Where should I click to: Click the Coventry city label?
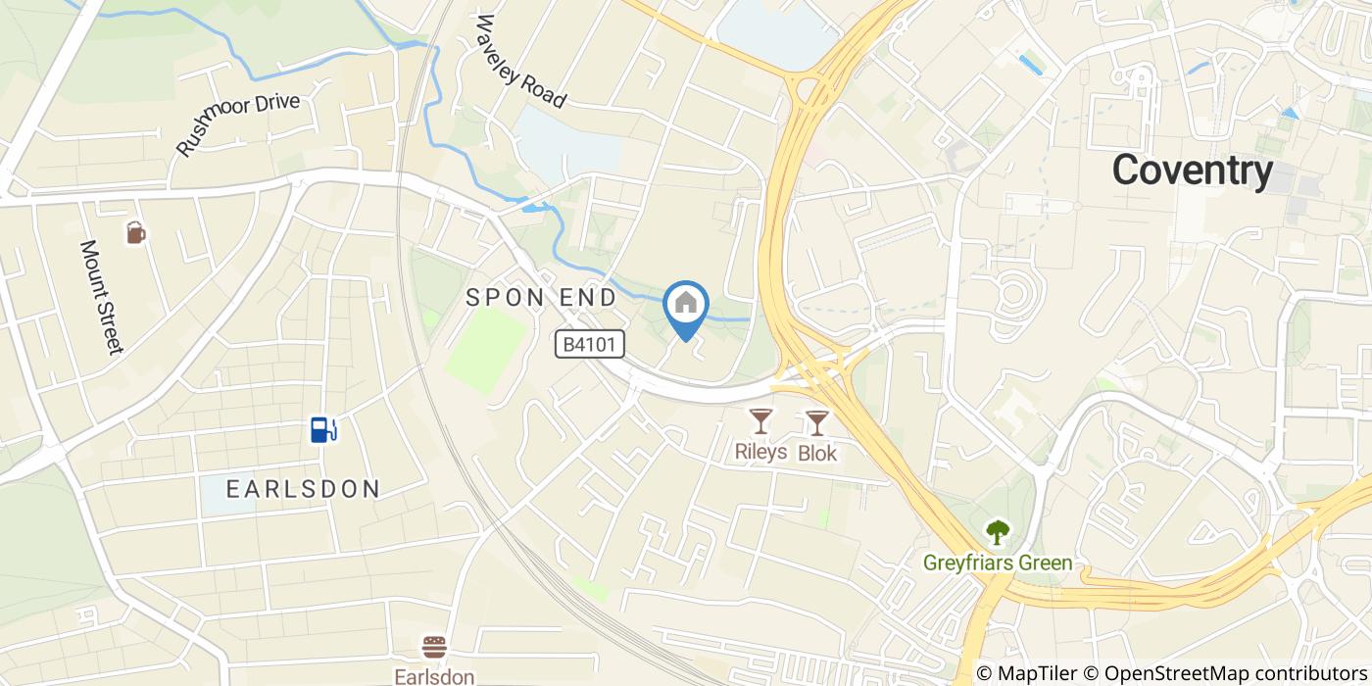pyautogui.click(x=1192, y=171)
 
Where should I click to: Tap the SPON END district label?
pyautogui.click(x=541, y=297)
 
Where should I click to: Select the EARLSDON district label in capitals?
pyautogui.click(x=303, y=488)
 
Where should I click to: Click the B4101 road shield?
pyautogui.click(x=589, y=343)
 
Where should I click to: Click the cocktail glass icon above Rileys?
pyautogui.click(x=760, y=421)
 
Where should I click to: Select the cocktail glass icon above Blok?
pyautogui.click(x=816, y=422)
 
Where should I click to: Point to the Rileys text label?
pyautogui.click(x=760, y=452)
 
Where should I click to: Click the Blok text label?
pyautogui.click(x=817, y=452)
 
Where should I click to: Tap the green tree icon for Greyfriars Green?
pyautogui.click(x=998, y=532)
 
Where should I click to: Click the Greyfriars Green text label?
pyautogui.click(x=998, y=563)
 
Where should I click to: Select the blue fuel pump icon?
pyautogui.click(x=323, y=429)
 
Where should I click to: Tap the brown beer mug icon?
pyautogui.click(x=135, y=232)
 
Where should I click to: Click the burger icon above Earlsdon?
pyautogui.click(x=434, y=648)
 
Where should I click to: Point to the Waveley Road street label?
pyautogui.click(x=521, y=61)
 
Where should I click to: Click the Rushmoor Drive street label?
pyautogui.click(x=238, y=124)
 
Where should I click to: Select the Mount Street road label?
pyautogui.click(x=102, y=296)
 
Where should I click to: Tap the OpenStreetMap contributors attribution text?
pyautogui.click(x=1237, y=673)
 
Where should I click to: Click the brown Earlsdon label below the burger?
pyautogui.click(x=434, y=676)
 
